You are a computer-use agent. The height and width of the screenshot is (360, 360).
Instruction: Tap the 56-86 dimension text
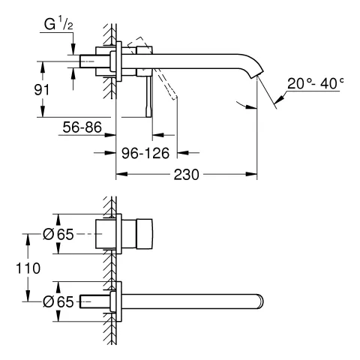pos(82,128)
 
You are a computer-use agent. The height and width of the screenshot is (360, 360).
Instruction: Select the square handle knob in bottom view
pos(142,234)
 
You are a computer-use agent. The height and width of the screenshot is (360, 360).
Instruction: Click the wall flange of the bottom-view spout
pos(115,301)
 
